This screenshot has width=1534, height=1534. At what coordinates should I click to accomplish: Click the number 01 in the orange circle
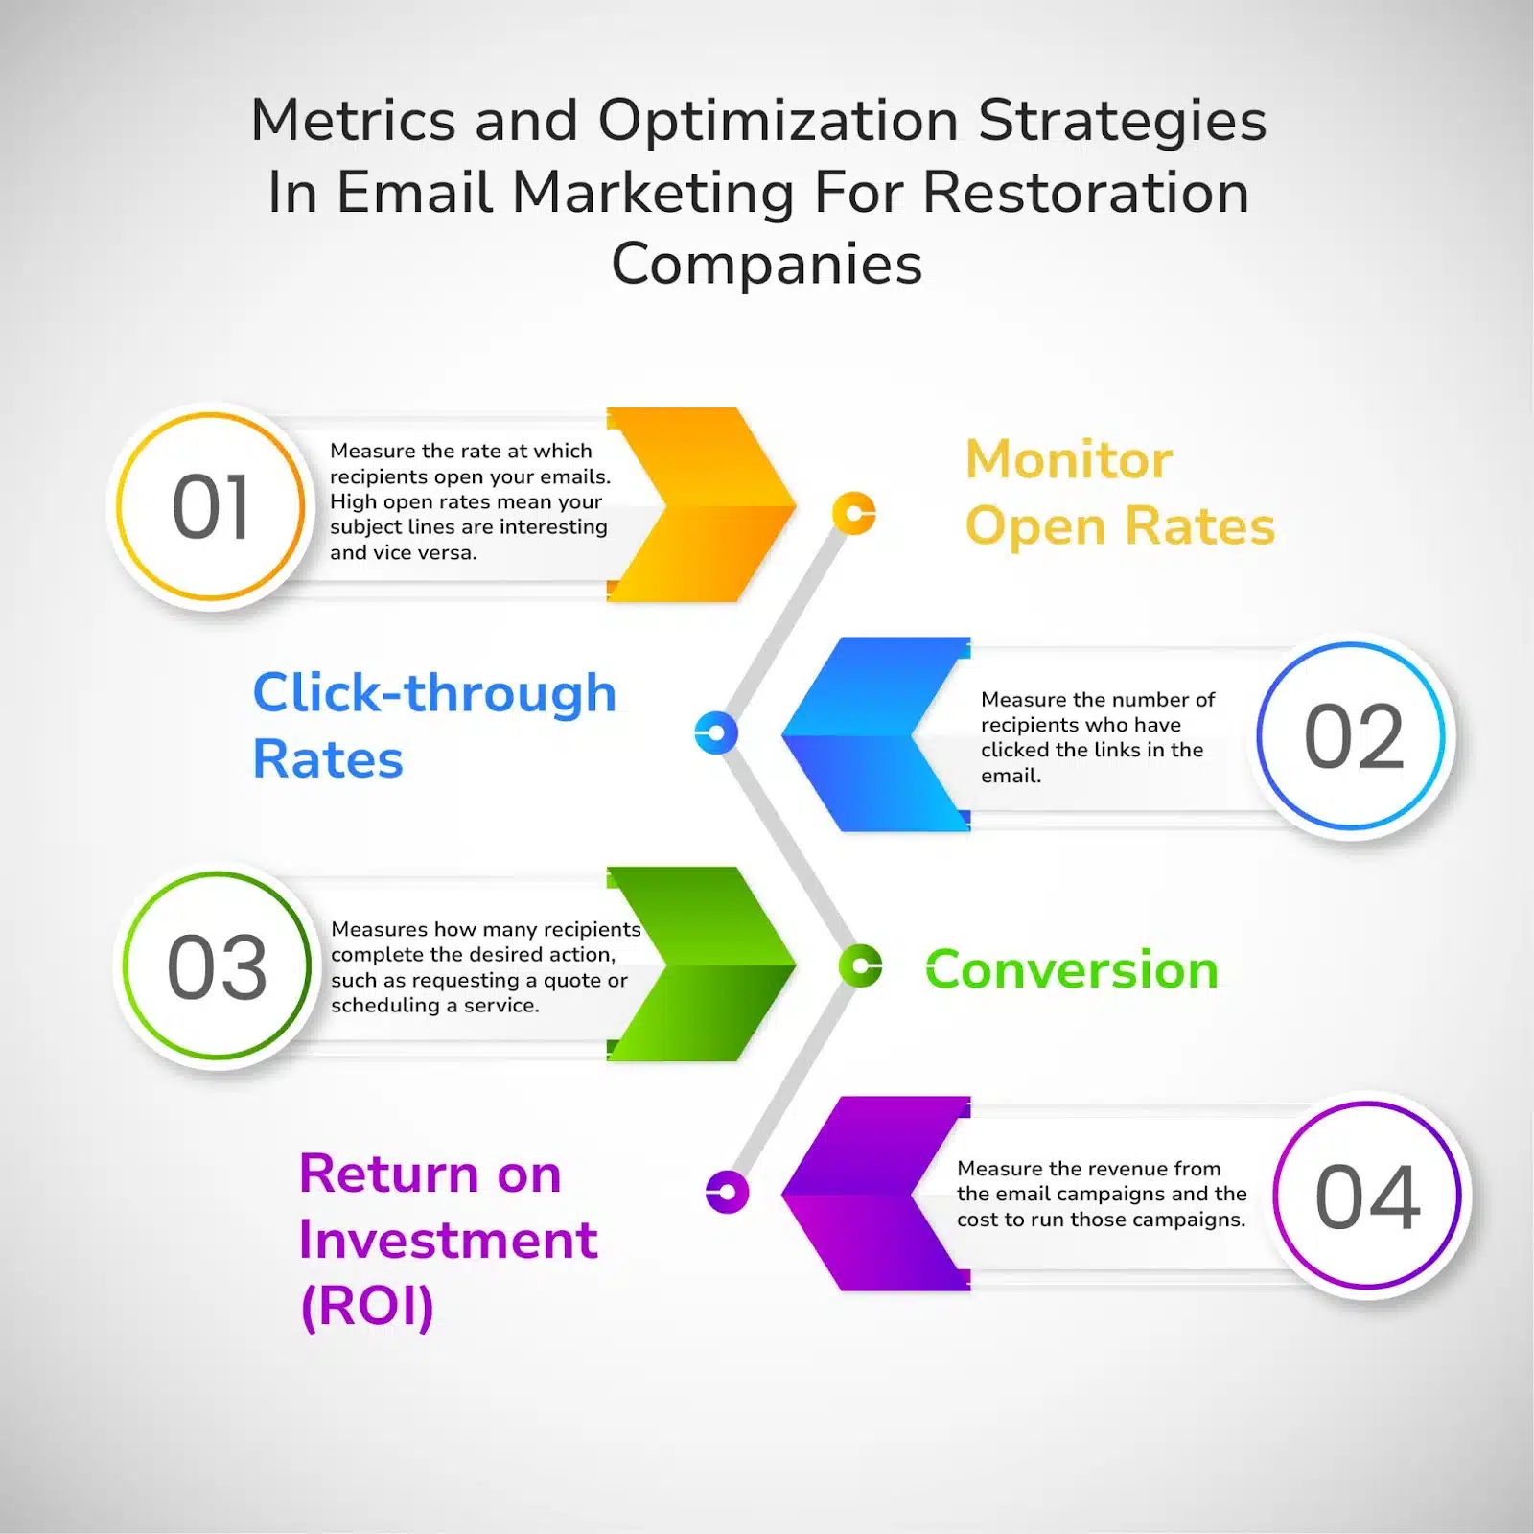point(211,507)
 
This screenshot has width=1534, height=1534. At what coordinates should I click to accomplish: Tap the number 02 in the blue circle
point(1354,736)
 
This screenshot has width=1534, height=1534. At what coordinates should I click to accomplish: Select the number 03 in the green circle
point(217,966)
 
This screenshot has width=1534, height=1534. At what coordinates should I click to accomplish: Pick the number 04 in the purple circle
point(1367,1197)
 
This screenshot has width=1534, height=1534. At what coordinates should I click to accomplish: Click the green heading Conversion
point(1072,969)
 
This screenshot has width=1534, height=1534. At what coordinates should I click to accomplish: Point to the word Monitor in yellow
point(1069,459)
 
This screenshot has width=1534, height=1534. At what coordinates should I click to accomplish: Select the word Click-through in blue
point(434,693)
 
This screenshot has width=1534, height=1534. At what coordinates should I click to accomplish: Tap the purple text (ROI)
point(367,1306)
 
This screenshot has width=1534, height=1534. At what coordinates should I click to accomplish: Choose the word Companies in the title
point(767,264)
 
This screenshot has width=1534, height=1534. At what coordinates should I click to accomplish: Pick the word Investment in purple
point(449,1240)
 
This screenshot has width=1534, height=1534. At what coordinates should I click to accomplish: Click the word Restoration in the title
point(1086,192)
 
